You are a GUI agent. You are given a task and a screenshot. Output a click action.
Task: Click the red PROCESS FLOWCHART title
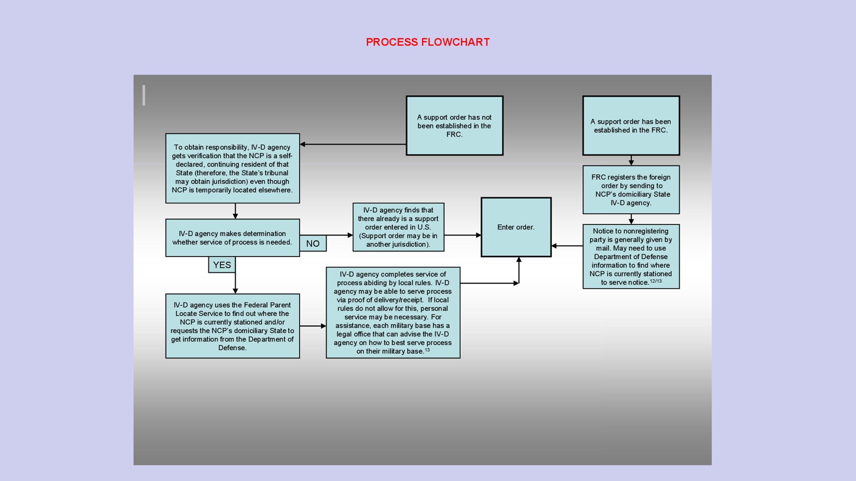428,42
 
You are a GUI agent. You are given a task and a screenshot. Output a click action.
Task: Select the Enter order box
516,227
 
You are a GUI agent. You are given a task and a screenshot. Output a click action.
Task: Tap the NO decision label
313,244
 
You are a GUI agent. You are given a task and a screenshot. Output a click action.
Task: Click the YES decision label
222,265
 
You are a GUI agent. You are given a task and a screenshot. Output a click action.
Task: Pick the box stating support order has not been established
454,126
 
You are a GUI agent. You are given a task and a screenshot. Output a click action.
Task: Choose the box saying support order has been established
631,126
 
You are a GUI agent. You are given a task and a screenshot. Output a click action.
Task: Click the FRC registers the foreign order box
631,190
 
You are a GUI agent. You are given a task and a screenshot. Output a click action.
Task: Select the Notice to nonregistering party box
631,257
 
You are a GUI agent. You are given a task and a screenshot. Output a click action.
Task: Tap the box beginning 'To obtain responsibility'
232,168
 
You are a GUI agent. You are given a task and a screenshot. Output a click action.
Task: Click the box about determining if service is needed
232,238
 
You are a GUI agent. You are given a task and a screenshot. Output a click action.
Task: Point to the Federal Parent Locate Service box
232,326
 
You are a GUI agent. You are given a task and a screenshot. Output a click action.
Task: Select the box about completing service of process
393,312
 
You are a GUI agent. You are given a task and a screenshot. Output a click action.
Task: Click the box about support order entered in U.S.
398,227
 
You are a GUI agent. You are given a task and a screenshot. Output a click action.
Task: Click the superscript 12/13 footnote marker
656,281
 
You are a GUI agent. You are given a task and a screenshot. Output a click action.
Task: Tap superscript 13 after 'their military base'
427,350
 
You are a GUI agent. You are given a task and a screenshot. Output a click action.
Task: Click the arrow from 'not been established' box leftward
353,144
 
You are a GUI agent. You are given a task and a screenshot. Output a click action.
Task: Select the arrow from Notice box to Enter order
567,246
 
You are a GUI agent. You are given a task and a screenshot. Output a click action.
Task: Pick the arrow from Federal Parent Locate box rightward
313,326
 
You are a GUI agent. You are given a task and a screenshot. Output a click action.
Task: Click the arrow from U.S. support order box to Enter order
462,235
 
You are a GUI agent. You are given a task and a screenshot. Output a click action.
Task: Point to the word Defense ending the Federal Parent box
232,348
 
